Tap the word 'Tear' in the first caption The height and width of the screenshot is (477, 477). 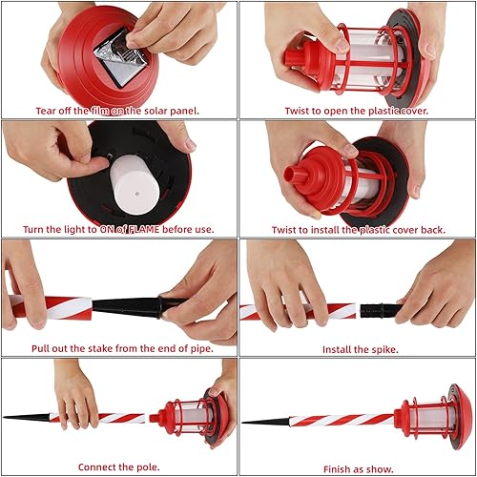(x=49, y=111)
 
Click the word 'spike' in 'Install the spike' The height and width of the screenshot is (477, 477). (x=382, y=349)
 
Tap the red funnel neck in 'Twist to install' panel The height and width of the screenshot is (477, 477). (x=297, y=176)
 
